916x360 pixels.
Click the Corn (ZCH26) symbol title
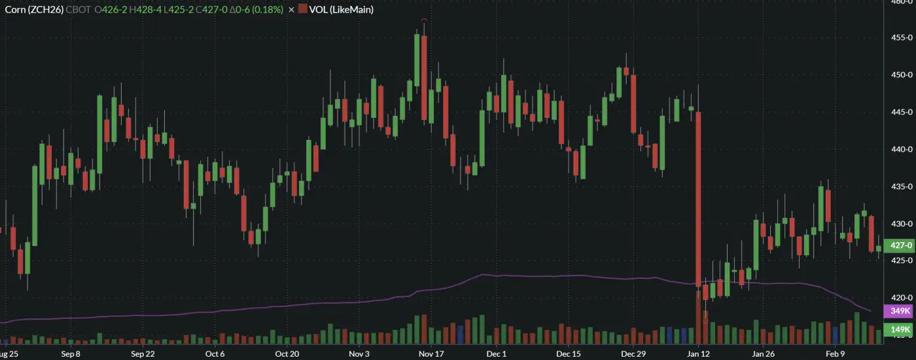pyautogui.click(x=34, y=10)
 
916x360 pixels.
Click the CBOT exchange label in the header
pyautogui.click(x=79, y=10)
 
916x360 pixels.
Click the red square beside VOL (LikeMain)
pyautogui.click(x=302, y=10)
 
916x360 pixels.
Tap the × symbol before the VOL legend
pyautogui.click(x=291, y=10)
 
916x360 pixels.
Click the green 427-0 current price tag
pyautogui.click(x=898, y=245)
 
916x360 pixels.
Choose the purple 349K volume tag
pyautogui.click(x=898, y=311)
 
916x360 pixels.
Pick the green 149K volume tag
pyautogui.click(x=898, y=329)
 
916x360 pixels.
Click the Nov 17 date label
pyautogui.click(x=431, y=354)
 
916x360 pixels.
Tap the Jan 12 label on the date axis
pyautogui.click(x=698, y=354)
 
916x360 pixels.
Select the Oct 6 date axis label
pyautogui.click(x=215, y=354)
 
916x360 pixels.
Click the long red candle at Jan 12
pyautogui.click(x=699, y=196)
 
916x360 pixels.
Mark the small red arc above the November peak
pyautogui.click(x=424, y=21)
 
